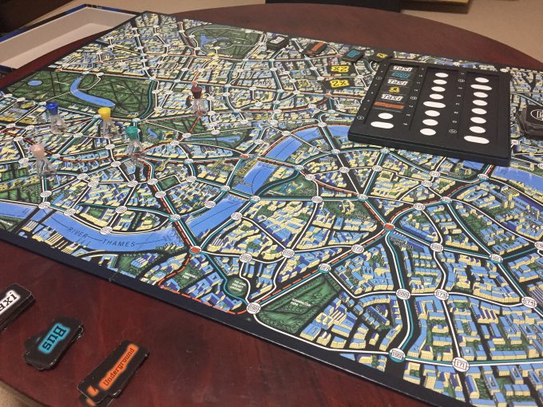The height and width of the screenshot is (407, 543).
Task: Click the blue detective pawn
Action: pyautogui.click(x=52, y=115)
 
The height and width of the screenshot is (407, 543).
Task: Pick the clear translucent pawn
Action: pyautogui.click(x=38, y=156)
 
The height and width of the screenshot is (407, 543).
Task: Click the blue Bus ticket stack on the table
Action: pyautogui.click(x=54, y=343)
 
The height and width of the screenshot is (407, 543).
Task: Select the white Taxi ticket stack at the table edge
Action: pyautogui.click(x=13, y=303)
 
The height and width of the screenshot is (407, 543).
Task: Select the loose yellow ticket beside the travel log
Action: pyautogui.click(x=338, y=83)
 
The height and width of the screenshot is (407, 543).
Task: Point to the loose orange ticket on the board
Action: pyautogui.click(x=317, y=46)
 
